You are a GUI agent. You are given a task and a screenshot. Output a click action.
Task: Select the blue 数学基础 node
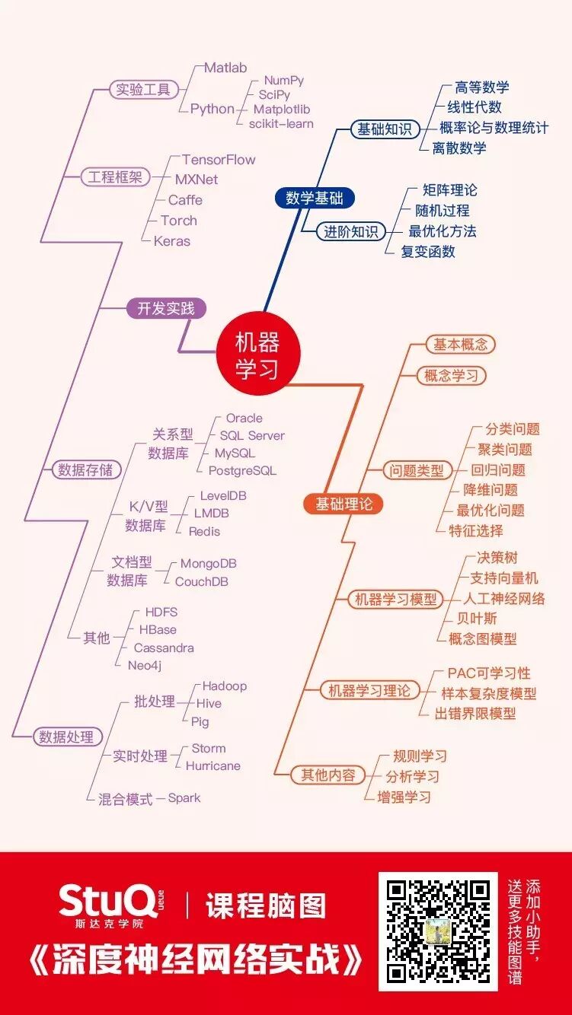coord(315,198)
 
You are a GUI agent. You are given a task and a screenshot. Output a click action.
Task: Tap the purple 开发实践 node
coord(166,308)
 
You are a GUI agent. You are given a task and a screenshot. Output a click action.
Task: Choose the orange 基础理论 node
coord(344,504)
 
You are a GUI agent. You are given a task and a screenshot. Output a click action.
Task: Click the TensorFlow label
coord(219,160)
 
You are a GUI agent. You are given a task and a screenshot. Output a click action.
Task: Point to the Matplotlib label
coord(282,110)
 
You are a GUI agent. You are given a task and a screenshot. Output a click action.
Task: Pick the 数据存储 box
coord(85,469)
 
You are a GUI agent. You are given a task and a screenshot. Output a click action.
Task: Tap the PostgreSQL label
coord(242,471)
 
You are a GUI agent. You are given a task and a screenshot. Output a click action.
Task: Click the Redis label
coord(204,531)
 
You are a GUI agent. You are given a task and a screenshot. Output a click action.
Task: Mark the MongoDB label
coord(208,564)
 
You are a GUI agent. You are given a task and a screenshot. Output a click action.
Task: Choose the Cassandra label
coord(164,648)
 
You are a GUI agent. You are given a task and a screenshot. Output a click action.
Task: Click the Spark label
coord(184,798)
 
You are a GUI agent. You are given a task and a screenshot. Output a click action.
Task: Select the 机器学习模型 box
coord(396,599)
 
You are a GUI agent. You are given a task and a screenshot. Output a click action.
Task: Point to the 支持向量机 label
coord(504,578)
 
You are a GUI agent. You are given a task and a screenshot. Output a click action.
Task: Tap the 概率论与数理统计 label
coord(494,128)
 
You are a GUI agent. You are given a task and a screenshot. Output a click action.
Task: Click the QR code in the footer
coord(438,931)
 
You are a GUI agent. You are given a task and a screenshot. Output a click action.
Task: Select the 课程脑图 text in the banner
coord(266,906)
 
